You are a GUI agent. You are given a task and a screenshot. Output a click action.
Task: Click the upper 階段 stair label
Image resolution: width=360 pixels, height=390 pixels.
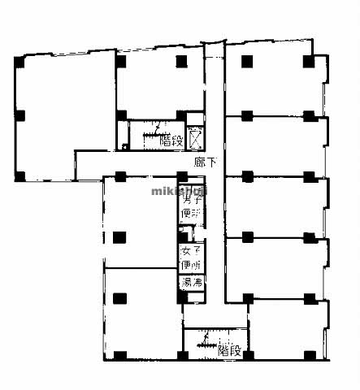(171, 140)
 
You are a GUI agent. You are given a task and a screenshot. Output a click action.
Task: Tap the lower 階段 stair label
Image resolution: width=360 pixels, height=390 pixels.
(230, 351)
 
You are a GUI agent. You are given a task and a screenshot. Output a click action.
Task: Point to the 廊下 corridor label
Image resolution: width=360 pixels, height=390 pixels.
(206, 162)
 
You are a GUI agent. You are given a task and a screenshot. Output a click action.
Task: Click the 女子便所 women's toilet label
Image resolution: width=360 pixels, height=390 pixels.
(191, 258)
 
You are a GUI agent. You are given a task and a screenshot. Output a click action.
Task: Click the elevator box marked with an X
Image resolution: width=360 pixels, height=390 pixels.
(194, 139)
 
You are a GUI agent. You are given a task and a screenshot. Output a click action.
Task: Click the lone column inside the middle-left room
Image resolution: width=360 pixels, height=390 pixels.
(120, 237)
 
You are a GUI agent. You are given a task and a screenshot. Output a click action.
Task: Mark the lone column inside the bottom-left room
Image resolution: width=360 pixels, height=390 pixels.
(120, 299)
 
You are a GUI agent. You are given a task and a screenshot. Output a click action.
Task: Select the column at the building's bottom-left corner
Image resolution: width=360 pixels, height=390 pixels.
(120, 356)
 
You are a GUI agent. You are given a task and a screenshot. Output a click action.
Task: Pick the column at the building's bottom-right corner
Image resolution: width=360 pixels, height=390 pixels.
(310, 354)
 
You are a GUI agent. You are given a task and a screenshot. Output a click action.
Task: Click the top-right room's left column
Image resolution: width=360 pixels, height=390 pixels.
(246, 60)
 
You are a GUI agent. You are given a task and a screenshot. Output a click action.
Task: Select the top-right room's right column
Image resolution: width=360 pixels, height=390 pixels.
(307, 61)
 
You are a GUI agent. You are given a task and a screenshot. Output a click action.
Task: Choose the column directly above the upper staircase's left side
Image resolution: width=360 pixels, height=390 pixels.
(121, 115)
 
